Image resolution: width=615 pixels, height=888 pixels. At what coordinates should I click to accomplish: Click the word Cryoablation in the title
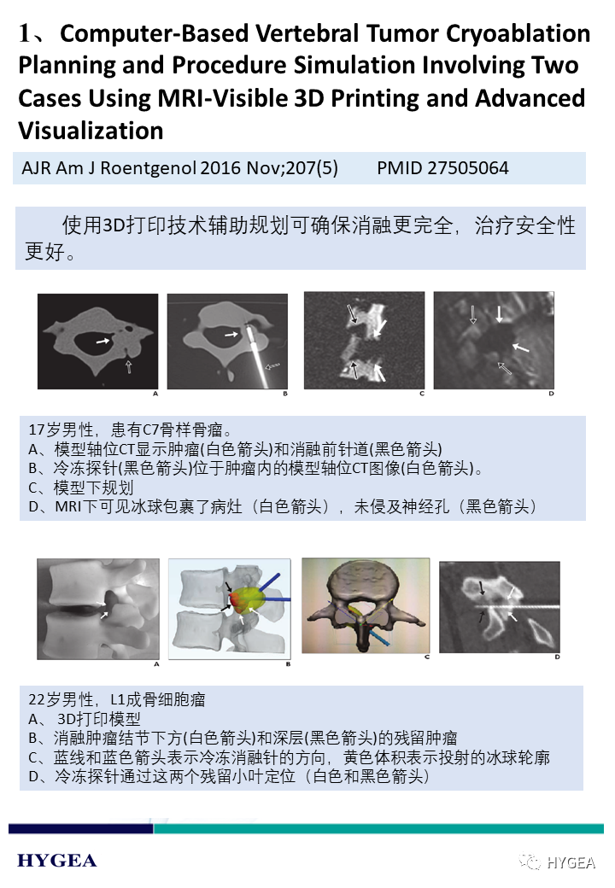[x=518, y=33]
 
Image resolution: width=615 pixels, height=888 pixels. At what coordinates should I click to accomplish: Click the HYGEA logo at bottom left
[x=57, y=861]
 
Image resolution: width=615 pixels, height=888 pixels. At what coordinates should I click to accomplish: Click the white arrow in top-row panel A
[x=102, y=341]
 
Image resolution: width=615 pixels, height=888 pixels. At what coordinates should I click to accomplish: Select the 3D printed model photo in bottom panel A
[x=98, y=609]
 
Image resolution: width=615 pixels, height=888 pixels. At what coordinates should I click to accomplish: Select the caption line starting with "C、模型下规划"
[x=81, y=488]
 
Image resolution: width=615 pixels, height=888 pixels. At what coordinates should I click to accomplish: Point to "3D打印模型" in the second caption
[x=98, y=719]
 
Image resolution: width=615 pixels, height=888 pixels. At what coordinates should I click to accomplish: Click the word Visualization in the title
[x=91, y=131]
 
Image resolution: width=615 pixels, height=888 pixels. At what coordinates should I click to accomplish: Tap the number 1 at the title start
[x=24, y=33]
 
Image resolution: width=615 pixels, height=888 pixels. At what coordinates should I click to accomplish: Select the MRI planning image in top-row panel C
[x=364, y=341]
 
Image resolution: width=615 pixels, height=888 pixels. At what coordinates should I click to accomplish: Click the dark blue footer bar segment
[x=81, y=828]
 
